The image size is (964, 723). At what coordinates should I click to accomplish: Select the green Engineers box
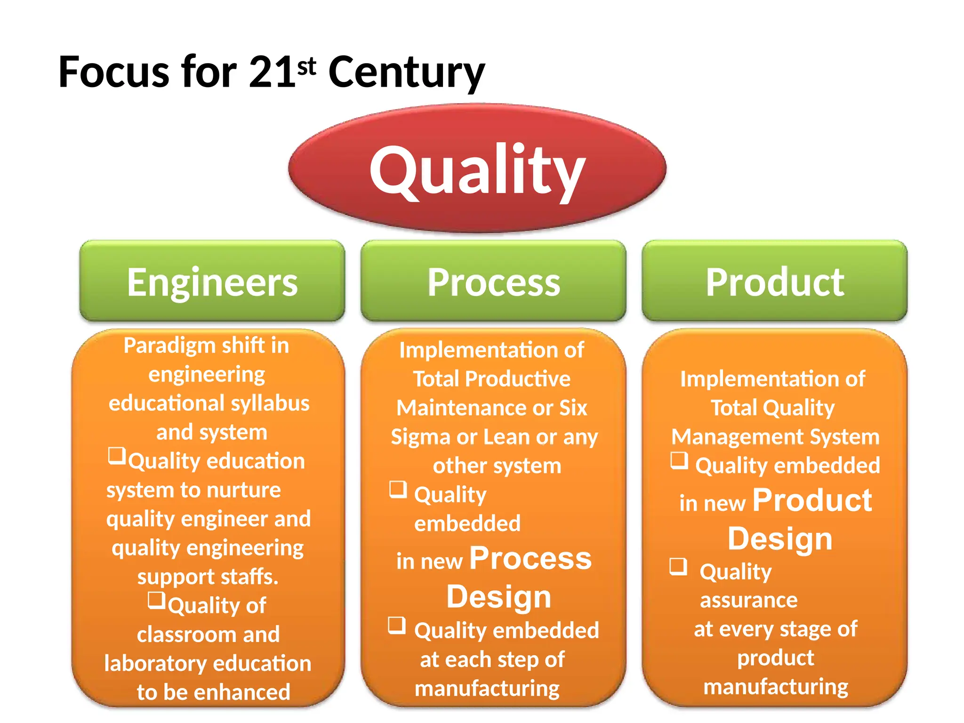coord(212,281)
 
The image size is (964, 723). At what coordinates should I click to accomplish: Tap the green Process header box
coord(493,281)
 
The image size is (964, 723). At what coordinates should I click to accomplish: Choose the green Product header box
coord(774,281)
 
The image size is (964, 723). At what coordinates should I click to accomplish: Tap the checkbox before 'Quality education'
coord(117,456)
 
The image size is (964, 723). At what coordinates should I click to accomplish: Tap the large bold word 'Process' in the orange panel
coord(530,559)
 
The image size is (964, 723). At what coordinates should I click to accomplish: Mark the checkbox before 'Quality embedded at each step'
coord(397,626)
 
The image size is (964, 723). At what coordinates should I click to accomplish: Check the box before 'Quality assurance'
coord(678,566)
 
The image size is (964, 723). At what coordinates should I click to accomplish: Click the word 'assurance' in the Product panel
coord(748,601)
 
